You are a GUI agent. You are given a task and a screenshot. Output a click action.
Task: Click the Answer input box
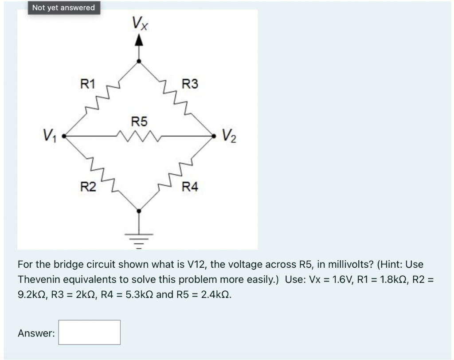pos(90,333)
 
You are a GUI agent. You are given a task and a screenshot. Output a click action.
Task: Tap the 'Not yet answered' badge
pos(63,8)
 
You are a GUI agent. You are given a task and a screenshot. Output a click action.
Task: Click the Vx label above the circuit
pos(140,23)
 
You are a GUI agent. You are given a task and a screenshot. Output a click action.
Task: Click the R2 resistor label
pos(87,187)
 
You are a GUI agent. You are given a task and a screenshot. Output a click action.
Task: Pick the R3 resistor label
pos(191,83)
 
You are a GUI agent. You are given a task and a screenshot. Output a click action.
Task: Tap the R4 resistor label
pos(191,187)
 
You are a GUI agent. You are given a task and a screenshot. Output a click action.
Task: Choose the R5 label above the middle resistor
pos(140,121)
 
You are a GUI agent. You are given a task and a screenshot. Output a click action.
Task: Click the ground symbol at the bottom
pos(139,239)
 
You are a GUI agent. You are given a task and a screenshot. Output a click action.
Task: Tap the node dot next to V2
pos(216,136)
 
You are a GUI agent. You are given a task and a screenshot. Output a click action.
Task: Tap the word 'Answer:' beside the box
pos(36,333)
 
